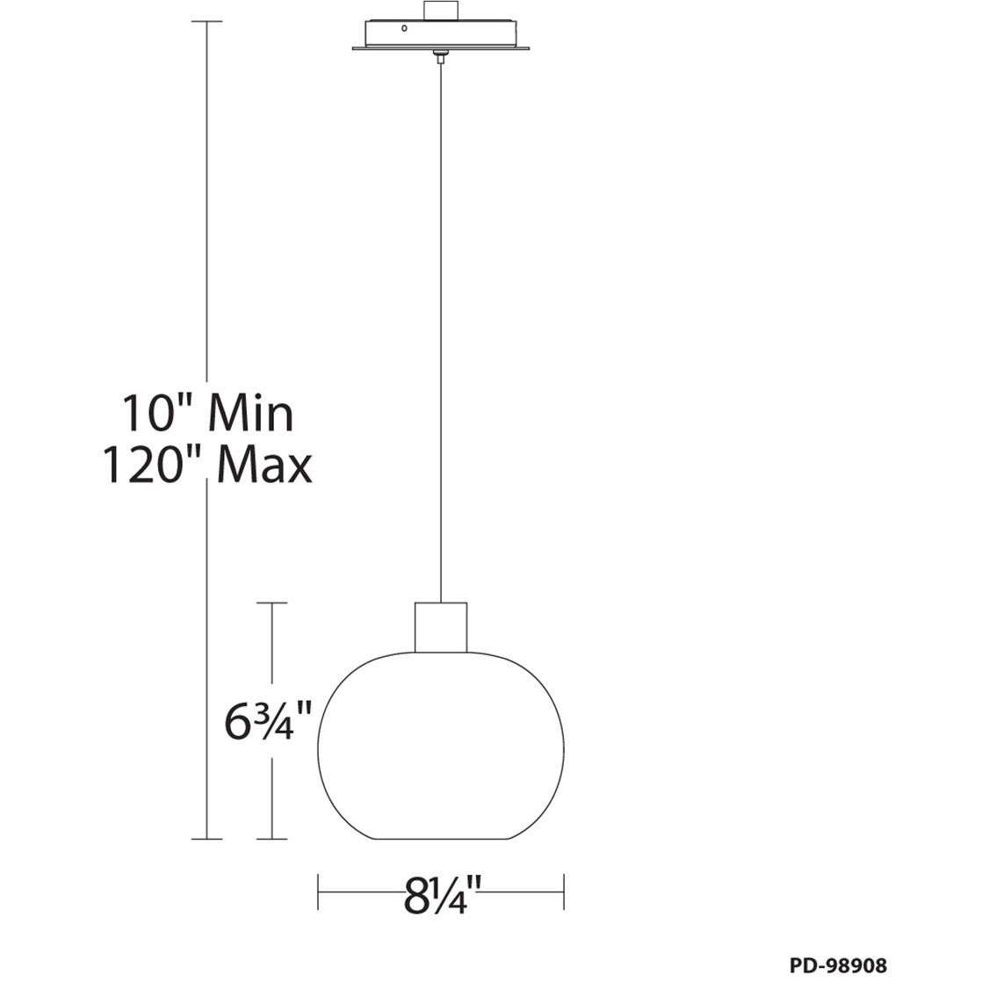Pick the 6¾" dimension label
[x=269, y=721]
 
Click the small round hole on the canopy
[x=404, y=28]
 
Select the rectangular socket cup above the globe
[x=440, y=627]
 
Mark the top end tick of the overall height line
[x=206, y=21]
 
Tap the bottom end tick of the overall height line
[x=206, y=839]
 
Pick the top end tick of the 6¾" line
[x=272, y=603]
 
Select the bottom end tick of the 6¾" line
[x=272, y=839]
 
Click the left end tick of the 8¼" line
[x=318, y=892]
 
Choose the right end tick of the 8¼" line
[x=563, y=892]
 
